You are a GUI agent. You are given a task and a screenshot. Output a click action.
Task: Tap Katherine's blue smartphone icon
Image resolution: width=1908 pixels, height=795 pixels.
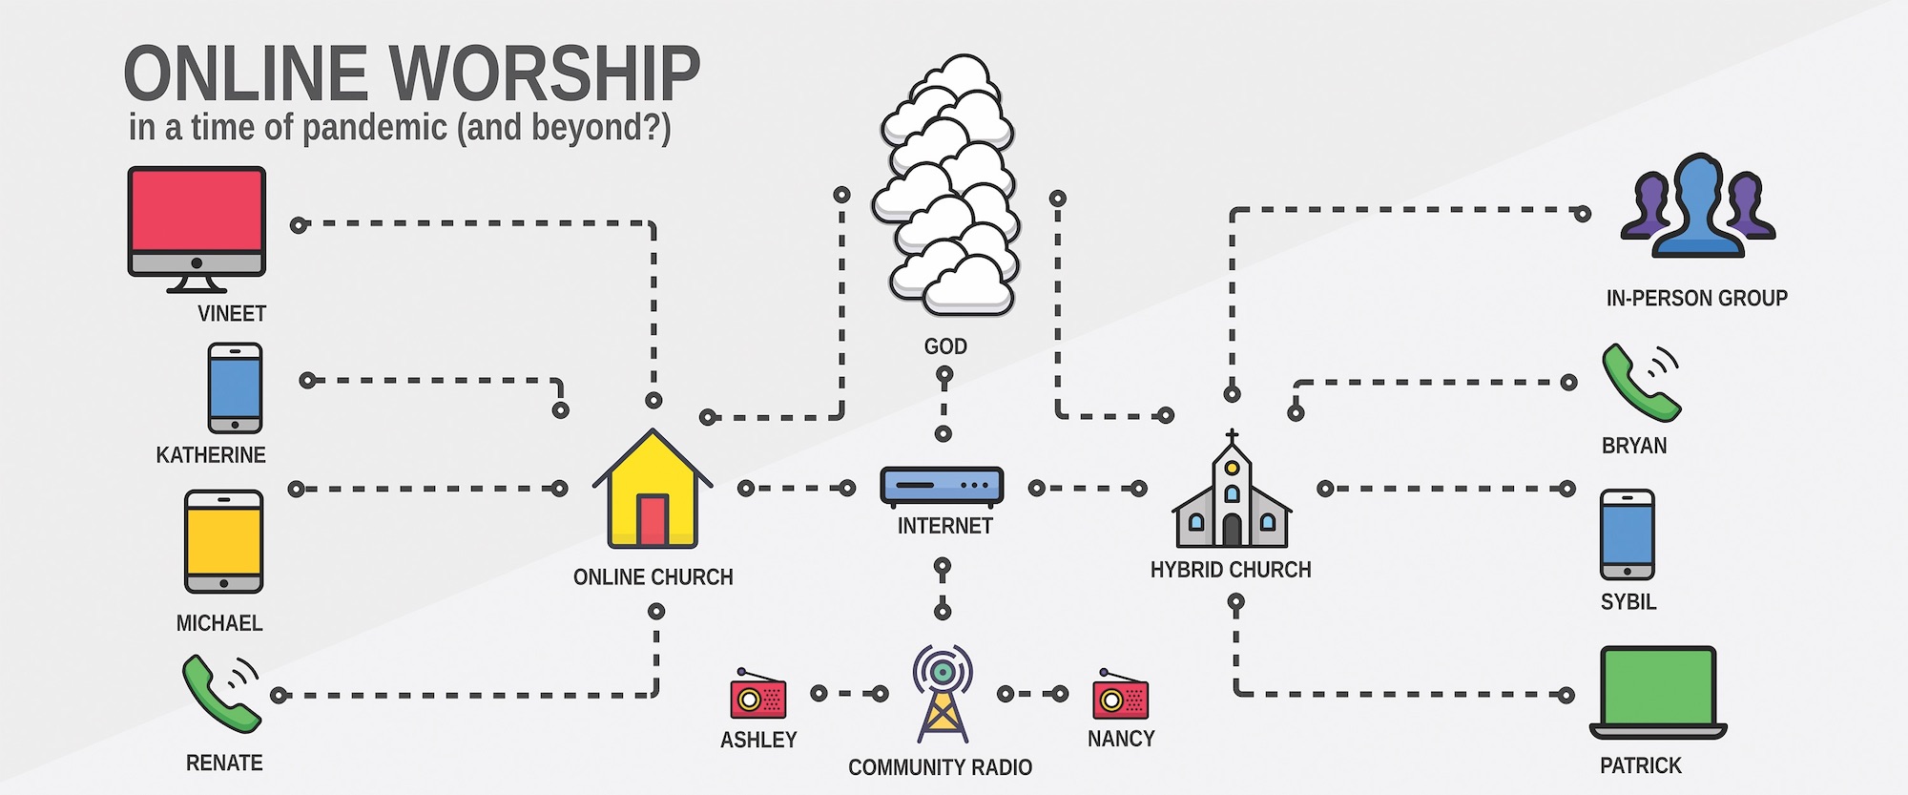click(235, 388)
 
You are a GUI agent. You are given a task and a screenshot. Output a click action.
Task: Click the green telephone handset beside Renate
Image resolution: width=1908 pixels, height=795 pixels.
click(219, 693)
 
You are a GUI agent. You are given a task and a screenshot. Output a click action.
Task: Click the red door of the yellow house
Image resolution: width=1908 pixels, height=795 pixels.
click(653, 519)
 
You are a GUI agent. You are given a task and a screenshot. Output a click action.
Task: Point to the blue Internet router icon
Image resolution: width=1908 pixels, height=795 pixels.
click(942, 485)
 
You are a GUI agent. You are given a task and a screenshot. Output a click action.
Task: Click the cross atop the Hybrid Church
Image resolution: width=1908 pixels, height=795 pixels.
click(1232, 436)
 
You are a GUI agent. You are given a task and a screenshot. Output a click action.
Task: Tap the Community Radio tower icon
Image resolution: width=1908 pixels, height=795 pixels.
click(943, 694)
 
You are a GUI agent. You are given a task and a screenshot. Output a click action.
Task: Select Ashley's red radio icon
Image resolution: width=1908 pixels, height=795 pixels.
click(758, 698)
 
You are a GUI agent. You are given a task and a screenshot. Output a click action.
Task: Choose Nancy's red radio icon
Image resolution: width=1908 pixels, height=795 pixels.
click(1121, 697)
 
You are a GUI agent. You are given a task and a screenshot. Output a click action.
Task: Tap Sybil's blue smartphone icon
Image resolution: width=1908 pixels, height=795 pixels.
click(1628, 534)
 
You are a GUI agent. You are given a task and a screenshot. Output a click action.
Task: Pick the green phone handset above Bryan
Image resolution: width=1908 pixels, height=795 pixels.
click(1640, 383)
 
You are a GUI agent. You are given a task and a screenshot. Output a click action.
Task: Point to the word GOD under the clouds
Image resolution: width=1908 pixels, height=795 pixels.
click(945, 346)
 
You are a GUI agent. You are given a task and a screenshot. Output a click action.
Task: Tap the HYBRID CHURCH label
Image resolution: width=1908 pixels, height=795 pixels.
click(1231, 570)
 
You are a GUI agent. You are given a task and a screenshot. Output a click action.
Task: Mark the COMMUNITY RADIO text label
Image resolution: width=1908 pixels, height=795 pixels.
click(940, 767)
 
